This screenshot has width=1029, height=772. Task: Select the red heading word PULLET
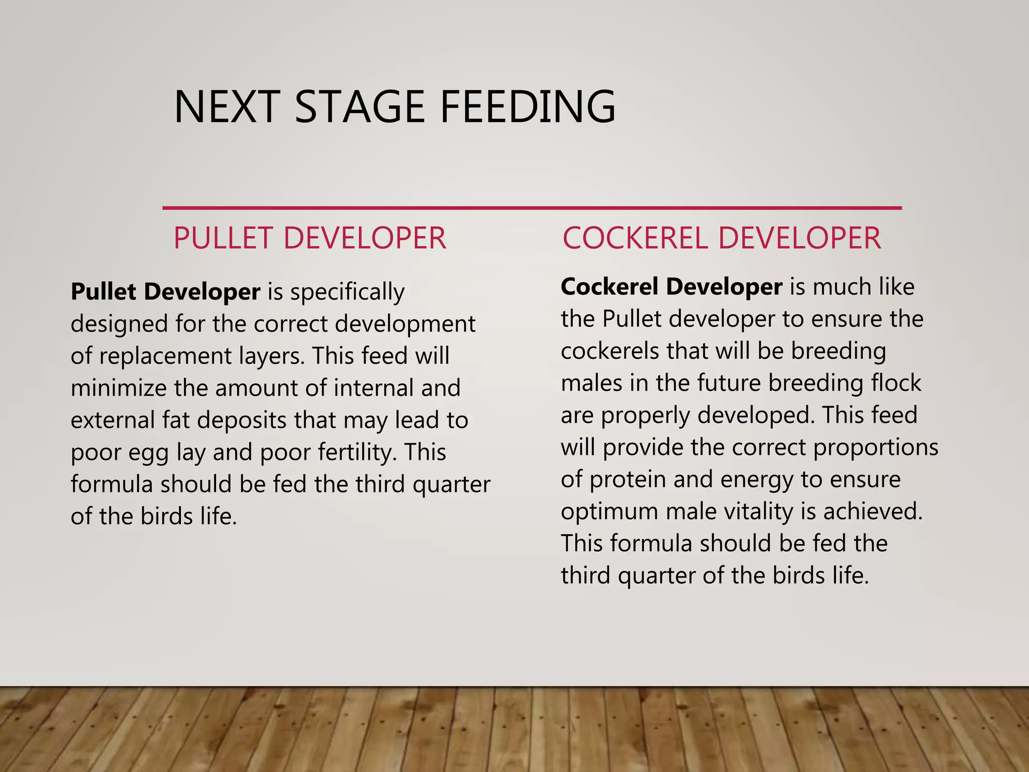[x=223, y=238]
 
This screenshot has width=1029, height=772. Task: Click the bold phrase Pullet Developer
[x=165, y=292]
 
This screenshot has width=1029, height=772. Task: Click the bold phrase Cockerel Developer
[x=671, y=286]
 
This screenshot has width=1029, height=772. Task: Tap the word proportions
[x=875, y=448]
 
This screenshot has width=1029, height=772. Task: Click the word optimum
[x=609, y=512]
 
